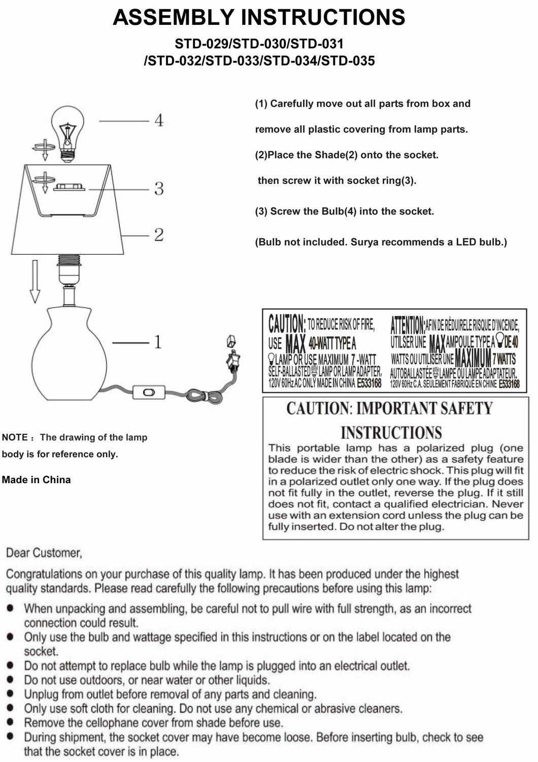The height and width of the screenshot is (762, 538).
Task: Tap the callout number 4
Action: pos(158,121)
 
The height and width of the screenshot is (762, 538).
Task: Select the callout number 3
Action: pos(159,189)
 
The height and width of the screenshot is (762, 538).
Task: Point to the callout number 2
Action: pos(159,235)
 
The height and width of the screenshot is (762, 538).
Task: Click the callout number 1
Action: pos(158,342)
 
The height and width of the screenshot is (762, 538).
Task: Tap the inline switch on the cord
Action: pos(149,392)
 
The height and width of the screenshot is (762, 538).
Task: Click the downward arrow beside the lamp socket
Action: pos(35,281)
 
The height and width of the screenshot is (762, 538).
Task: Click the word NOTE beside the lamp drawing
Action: pos(15,437)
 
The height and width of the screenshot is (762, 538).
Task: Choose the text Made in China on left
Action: pos(36,480)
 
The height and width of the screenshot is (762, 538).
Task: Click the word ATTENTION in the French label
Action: pos(407,324)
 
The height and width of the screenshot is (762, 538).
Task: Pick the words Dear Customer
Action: pos(44,553)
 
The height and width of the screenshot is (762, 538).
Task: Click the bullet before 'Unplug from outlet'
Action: pos(11,693)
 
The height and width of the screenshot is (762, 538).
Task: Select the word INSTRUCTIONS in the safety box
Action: pos(391,433)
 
